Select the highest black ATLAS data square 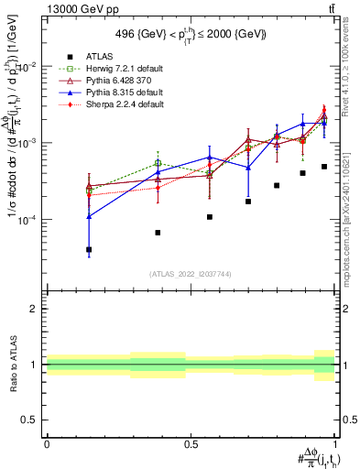pos(324,167)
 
